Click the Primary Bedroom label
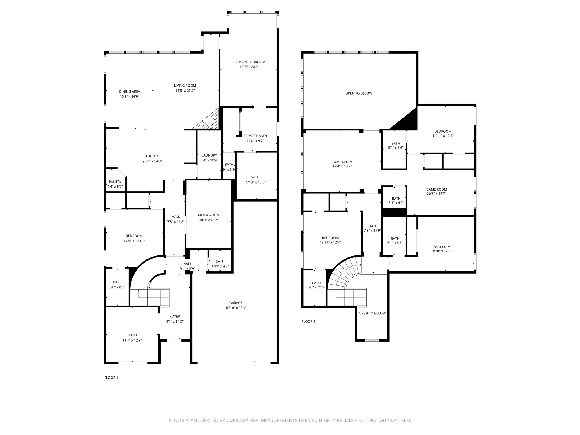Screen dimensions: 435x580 [249, 62]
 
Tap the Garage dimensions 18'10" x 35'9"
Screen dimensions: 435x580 [236, 308]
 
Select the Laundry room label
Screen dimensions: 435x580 [209, 155]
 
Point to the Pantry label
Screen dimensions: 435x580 [115, 182]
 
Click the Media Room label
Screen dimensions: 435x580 [209, 215]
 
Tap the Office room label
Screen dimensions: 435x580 [132, 335]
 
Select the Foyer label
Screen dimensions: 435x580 [175, 316]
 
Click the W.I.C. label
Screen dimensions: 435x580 [256, 177]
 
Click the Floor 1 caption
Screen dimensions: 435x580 [111, 378]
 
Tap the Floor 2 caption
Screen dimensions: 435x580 [308, 321]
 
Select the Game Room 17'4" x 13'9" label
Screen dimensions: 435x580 [342, 162]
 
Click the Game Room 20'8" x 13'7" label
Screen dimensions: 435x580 [436, 189]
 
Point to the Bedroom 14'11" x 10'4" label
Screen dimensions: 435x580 [443, 131]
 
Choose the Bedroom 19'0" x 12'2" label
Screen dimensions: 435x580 [442, 247]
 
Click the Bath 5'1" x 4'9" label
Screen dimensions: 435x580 [396, 199]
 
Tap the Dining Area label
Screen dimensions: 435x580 [129, 91]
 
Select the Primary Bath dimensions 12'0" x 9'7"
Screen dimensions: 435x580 [255, 141]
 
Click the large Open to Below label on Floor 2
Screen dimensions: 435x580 [359, 93]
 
